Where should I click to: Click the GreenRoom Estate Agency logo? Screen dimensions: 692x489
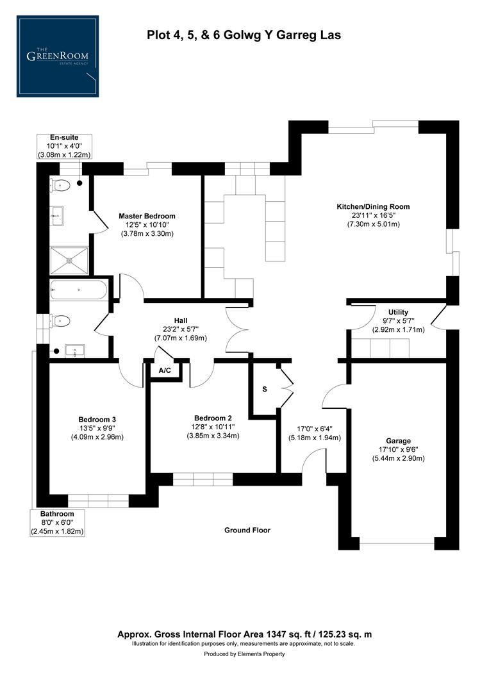(x=58, y=56)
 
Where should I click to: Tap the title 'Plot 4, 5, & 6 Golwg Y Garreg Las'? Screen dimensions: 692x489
(x=244, y=35)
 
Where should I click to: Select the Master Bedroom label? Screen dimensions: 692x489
(x=147, y=217)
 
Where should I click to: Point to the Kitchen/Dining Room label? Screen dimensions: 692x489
(x=373, y=207)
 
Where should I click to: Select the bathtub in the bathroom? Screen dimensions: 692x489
(x=78, y=290)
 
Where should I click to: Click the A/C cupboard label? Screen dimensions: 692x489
(x=165, y=370)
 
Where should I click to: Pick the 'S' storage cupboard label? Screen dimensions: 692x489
(x=264, y=390)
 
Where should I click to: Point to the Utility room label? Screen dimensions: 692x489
(x=398, y=312)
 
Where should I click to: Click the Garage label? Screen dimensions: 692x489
(x=398, y=441)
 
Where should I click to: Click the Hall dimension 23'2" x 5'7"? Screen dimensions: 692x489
(x=180, y=329)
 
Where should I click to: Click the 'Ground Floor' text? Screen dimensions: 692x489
(x=247, y=530)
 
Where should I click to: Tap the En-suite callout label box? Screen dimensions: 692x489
(x=63, y=146)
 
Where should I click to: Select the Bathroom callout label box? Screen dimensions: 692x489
(x=58, y=523)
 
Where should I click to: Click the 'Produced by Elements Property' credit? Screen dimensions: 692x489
(x=244, y=654)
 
